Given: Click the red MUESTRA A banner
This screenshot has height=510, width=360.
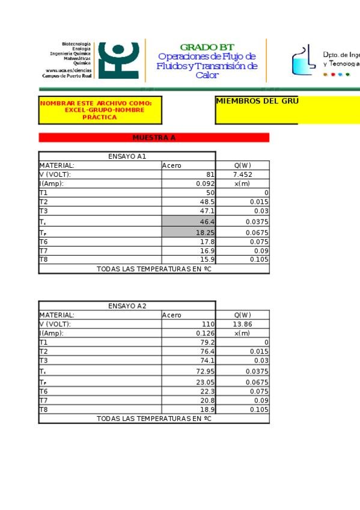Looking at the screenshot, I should [x=154, y=138].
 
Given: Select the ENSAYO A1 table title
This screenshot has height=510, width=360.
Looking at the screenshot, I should [x=127, y=156].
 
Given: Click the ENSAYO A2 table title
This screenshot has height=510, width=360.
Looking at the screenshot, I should [x=127, y=306].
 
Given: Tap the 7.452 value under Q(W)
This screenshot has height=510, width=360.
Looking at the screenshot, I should [x=242, y=174].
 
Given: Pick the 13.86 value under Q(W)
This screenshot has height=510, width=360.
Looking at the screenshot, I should [x=242, y=324].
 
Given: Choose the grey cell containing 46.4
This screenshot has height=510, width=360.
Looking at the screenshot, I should [x=189, y=222].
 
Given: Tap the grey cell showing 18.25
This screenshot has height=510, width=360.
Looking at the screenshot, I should [x=189, y=232].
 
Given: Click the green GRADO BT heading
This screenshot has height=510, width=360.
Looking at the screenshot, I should [x=207, y=47].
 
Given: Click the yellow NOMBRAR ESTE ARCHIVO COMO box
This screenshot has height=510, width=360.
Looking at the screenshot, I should [x=100, y=110].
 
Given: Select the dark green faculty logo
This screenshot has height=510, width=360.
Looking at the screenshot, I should [x=119, y=60].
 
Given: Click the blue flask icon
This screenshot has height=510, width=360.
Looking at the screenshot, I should [x=304, y=60].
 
